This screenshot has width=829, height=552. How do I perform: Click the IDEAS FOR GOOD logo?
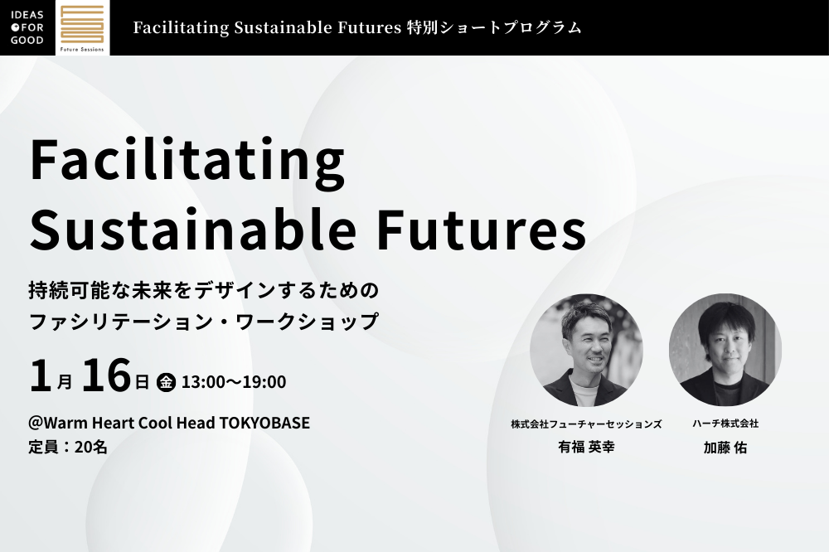pos(27,27)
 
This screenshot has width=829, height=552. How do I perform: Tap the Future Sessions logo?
pos(82,27)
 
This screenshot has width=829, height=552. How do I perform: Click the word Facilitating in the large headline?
pos(187,161)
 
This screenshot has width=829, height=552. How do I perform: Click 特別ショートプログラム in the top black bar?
pos(495,27)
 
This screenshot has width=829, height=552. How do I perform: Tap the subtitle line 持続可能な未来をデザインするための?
pos(204,291)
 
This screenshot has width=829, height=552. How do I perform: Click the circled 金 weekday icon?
pos(166,382)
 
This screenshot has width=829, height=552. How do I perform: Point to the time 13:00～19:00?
pos(234,382)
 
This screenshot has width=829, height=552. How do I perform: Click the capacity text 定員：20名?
pos(68,447)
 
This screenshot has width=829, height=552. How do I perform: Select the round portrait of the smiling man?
pos(586,350)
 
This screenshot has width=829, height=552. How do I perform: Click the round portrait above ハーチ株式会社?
pos(725,350)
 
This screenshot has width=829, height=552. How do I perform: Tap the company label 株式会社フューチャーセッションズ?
pos(586,424)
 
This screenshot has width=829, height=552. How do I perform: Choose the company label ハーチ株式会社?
pos(725,424)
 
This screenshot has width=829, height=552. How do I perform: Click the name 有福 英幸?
pos(586,448)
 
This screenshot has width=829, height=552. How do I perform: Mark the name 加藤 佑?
pos(725,448)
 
